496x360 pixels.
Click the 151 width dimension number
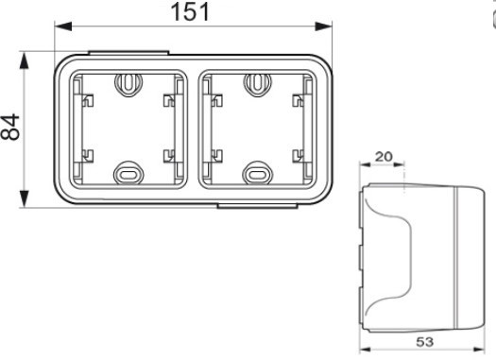(190, 12)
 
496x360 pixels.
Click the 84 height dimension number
(9, 127)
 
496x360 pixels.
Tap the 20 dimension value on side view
(384, 156)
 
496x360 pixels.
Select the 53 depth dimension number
(424, 342)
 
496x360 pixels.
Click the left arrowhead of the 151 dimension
(63, 26)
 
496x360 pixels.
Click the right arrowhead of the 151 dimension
(323, 26)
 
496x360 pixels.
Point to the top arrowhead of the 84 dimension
(24, 60)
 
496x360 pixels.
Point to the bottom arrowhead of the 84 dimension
(24, 198)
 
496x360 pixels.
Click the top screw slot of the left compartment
(128, 84)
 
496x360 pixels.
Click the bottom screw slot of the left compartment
(128, 173)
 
